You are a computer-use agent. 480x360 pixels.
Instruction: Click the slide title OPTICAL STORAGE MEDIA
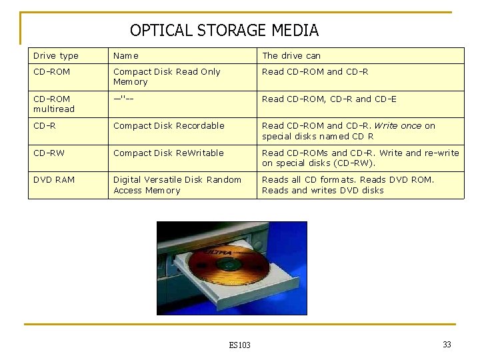point(224,31)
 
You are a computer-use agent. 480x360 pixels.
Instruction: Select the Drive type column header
point(56,56)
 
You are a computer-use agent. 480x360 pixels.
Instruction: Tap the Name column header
point(126,56)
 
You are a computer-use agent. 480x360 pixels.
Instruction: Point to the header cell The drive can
point(291,56)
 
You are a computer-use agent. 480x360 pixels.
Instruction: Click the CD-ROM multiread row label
point(54,104)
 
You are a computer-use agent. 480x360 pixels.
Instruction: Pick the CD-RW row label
point(49,153)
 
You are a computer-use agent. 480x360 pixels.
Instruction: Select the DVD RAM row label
point(54,180)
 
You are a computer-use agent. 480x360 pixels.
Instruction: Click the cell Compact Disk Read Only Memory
point(167,77)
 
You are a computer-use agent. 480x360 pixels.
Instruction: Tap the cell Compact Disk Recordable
point(169,126)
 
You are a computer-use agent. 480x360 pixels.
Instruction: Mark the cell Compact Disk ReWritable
point(169,153)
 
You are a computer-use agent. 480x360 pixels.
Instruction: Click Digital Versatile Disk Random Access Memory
point(177,185)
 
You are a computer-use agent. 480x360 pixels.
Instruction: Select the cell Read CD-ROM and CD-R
point(315,72)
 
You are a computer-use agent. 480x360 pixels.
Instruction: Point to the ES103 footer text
point(239,345)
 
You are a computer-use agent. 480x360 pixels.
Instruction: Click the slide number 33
point(447,345)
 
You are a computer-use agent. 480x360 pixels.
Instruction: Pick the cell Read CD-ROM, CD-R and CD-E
point(329,99)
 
